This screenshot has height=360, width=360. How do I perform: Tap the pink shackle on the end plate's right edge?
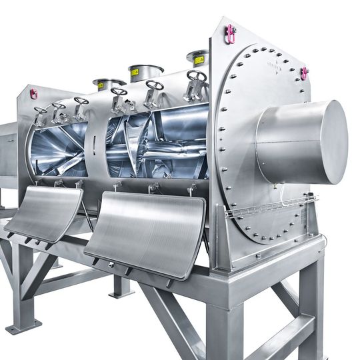coord(305,73)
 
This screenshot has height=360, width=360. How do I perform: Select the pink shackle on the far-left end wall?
coord(33,93)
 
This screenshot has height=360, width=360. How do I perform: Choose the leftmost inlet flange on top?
coord(109,83)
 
